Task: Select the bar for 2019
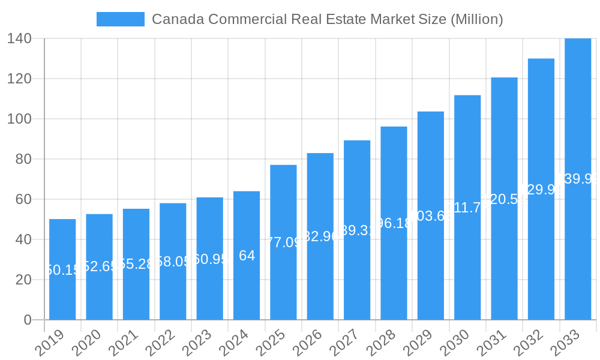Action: coord(62,269)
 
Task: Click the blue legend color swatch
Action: coord(120,19)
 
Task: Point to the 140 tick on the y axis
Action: coord(19,38)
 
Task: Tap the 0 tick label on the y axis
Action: coord(28,320)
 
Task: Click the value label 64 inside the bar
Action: coord(247,256)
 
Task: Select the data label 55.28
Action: coord(136,264)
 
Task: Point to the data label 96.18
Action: coord(394,223)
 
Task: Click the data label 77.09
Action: coord(283,242)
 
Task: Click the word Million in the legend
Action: coord(474,19)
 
